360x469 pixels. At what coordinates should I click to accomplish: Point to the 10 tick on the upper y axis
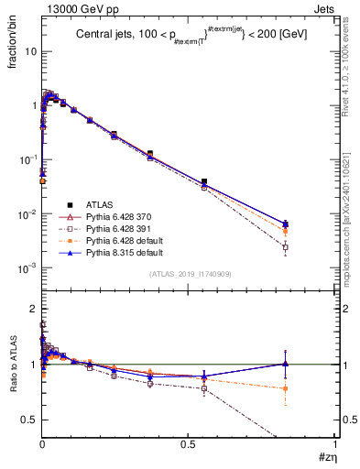(x=29, y=51)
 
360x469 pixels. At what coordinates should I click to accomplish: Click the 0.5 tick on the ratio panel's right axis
(x=342, y=419)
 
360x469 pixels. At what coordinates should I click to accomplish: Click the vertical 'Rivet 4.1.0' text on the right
(x=350, y=55)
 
